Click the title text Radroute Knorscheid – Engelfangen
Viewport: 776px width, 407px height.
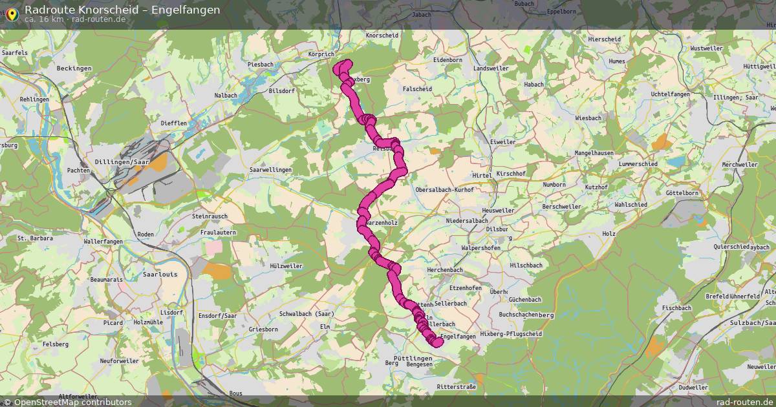[x=122, y=9]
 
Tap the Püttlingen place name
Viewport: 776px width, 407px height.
[x=412, y=357]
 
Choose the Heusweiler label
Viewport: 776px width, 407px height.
[x=498, y=211]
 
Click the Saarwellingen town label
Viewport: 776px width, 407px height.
[x=270, y=170]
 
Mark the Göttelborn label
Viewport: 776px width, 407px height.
[x=682, y=193]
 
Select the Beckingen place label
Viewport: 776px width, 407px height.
[x=74, y=68]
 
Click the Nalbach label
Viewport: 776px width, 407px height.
[x=226, y=95]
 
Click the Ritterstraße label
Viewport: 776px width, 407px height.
[x=456, y=386]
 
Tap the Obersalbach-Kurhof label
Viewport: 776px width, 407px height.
[x=444, y=190]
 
